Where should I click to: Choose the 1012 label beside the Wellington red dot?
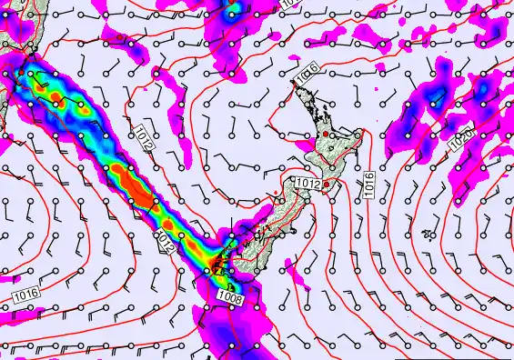(x=307, y=184)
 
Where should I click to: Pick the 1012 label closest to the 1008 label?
(x=165, y=240)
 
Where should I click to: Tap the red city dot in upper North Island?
(x=325, y=135)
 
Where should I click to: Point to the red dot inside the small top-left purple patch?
(x=119, y=37)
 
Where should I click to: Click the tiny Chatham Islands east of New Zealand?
(x=426, y=234)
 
